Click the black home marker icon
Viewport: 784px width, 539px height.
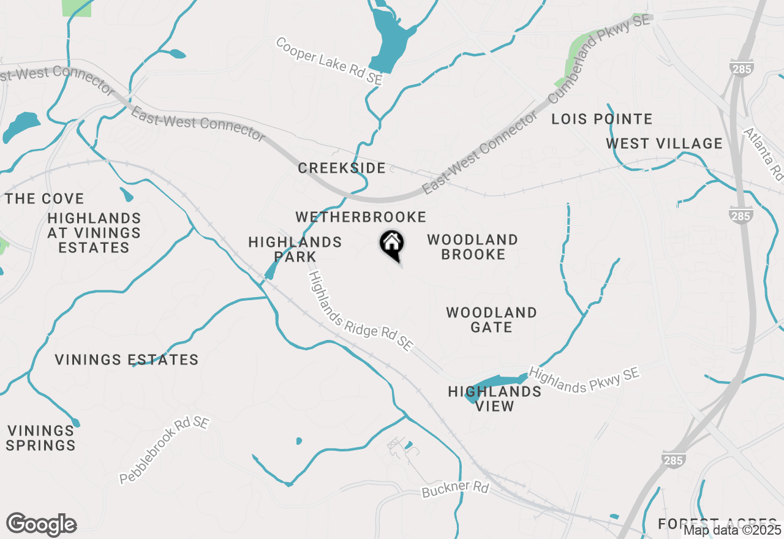pos(391,244)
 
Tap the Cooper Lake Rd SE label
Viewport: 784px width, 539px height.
pos(329,61)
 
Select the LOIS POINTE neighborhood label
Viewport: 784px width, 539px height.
pos(601,119)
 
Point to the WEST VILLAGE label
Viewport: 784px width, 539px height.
pos(664,143)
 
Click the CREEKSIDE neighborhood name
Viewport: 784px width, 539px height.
pos(342,168)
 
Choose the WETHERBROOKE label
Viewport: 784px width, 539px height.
pos(360,217)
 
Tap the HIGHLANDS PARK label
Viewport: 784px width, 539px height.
pos(295,249)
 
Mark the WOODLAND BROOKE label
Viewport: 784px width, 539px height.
pos(473,247)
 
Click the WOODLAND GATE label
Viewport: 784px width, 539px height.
pos(491,320)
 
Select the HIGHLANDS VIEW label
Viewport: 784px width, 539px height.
pos(495,399)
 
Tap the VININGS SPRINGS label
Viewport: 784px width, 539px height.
pos(40,438)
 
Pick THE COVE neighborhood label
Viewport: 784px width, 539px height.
pos(44,198)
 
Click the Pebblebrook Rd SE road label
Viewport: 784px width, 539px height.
pos(164,450)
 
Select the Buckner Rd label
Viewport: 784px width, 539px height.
pos(455,489)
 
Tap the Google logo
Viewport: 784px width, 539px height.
pos(41,525)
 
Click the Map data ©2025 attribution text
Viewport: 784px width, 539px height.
pos(732,530)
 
